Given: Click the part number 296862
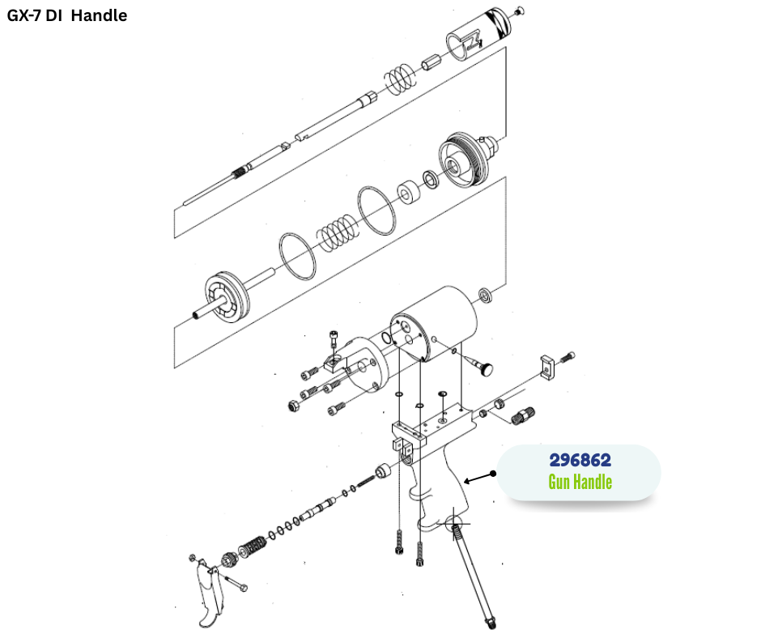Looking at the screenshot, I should pos(580,460).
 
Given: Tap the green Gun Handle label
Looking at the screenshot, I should pos(580,483).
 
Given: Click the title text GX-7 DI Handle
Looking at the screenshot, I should pos(67,15).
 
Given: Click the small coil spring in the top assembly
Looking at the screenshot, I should pos(398,79).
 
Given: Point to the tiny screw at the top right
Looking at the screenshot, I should pos(519,11).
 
